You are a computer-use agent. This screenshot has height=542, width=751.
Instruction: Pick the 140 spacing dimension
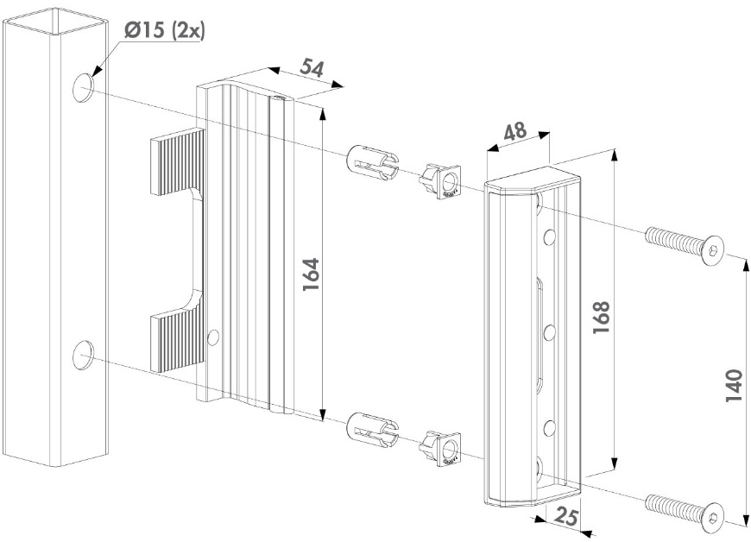coord(734,388)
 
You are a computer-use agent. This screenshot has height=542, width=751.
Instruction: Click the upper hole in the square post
coord(84,87)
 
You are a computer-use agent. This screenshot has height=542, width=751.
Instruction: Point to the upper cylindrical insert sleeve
coord(372,162)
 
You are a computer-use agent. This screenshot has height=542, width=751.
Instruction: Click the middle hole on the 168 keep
coord(547,329)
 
